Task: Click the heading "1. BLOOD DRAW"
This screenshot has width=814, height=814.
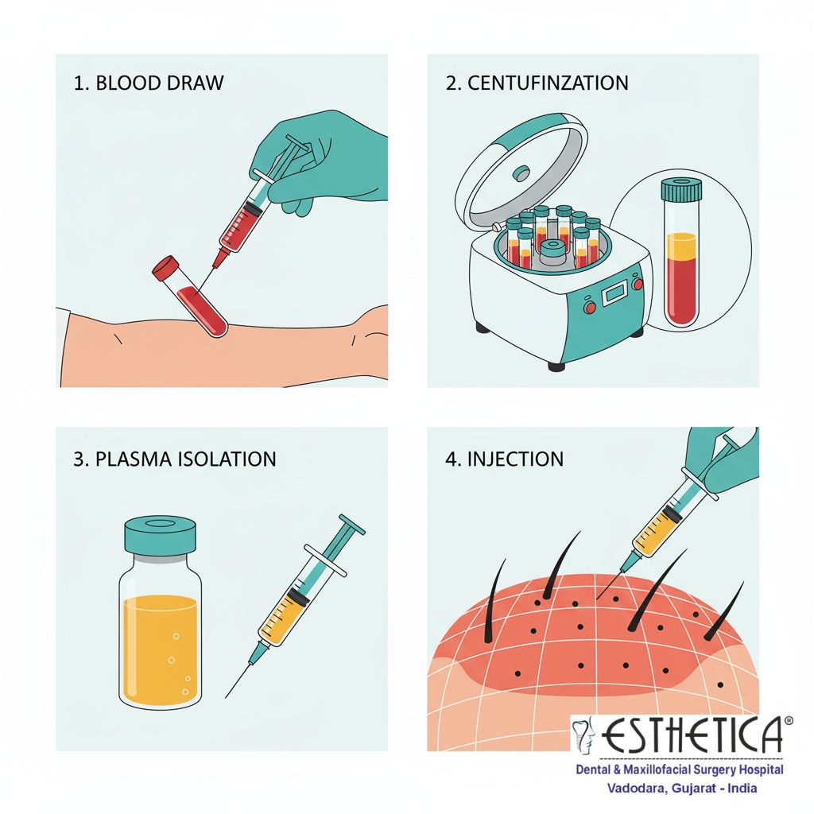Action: coord(149,83)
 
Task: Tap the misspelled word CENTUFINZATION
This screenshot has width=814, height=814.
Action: coord(548,83)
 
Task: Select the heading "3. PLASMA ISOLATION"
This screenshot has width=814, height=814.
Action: coord(174,459)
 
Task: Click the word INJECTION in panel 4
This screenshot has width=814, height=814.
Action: coord(515,459)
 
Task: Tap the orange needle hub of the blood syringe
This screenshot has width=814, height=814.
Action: coord(221,257)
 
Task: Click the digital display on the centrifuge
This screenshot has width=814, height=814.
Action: coord(616,293)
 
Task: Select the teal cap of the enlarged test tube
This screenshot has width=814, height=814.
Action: coord(681,189)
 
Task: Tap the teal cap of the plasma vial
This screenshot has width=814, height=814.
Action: coord(161,535)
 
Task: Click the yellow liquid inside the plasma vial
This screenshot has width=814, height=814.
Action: coord(161,649)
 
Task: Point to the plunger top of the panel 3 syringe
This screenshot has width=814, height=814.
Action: coord(352,525)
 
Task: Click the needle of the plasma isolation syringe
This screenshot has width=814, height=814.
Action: coord(238,680)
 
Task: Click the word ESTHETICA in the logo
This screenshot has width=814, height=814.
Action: coord(692,735)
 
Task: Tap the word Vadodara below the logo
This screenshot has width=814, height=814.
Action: coord(637,788)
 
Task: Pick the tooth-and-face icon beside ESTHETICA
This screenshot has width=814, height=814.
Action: coord(583,735)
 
